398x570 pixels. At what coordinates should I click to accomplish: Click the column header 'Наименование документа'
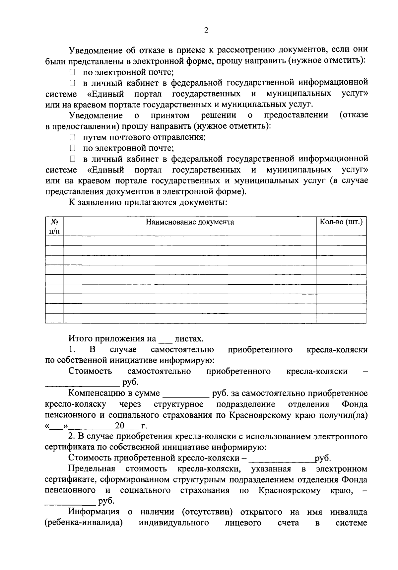[x=190, y=222]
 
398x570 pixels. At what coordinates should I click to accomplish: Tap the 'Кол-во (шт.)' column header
[x=341, y=222]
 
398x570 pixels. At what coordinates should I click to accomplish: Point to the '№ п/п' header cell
[x=54, y=226]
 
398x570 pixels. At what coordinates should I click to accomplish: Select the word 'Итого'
[x=81, y=339]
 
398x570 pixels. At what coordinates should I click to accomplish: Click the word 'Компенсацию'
[x=94, y=393]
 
